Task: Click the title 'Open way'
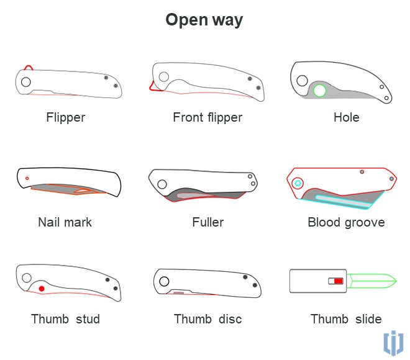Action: [204, 20]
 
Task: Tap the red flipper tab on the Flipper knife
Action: [27, 66]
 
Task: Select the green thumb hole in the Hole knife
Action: [320, 91]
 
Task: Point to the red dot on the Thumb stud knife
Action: [42, 289]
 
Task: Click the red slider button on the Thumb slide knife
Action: [338, 281]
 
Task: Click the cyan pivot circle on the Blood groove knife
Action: [298, 183]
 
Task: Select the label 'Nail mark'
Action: [65, 222]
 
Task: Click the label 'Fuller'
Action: [207, 222]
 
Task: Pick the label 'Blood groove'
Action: [346, 222]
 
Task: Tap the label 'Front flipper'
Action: [207, 117]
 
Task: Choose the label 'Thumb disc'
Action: [207, 319]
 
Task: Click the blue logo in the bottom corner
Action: [393, 343]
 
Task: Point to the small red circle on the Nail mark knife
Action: [27, 178]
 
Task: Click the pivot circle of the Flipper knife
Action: [25, 82]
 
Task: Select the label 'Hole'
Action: [346, 117]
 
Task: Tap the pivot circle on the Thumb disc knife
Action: [164, 281]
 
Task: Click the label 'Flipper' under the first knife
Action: [65, 117]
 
